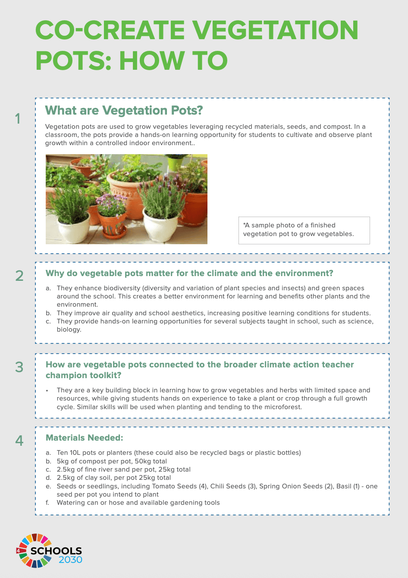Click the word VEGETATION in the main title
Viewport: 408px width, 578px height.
[x=275, y=30]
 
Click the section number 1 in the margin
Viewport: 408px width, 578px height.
[x=18, y=118]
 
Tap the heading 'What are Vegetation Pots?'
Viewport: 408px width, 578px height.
[x=124, y=111]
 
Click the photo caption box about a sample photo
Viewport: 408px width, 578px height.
[x=304, y=230]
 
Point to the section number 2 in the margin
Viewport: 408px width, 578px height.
[x=19, y=276]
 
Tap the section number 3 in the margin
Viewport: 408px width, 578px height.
[x=19, y=367]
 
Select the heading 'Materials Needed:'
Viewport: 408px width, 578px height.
[x=85, y=438]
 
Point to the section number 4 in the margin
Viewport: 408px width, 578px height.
[x=19, y=441]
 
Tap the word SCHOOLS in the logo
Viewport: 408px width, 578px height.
[x=56, y=551]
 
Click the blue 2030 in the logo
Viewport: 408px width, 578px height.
[x=70, y=559]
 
